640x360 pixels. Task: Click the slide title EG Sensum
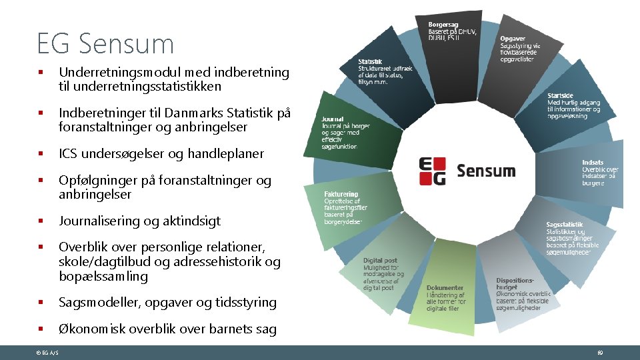tap(106, 44)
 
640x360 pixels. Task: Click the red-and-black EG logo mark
tap(433, 171)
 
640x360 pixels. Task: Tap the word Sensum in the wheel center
tap(486, 171)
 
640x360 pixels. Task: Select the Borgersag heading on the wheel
tap(443, 25)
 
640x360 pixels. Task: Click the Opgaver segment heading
tap(512, 39)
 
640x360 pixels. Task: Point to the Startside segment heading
tap(561, 95)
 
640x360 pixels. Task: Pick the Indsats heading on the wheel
tap(593, 162)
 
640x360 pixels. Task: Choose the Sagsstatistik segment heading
tap(565, 225)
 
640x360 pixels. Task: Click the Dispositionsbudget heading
tap(515, 285)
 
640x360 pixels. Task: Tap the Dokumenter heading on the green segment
tap(445, 288)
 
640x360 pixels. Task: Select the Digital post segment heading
tap(380, 261)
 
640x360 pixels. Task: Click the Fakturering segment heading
tap(341, 195)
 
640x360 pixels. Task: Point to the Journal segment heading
tap(333, 119)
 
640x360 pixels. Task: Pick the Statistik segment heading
tap(371, 62)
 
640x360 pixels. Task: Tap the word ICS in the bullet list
tap(68, 153)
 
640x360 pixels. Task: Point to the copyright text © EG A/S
tap(47, 352)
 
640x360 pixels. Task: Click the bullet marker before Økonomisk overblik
tap(41, 329)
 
